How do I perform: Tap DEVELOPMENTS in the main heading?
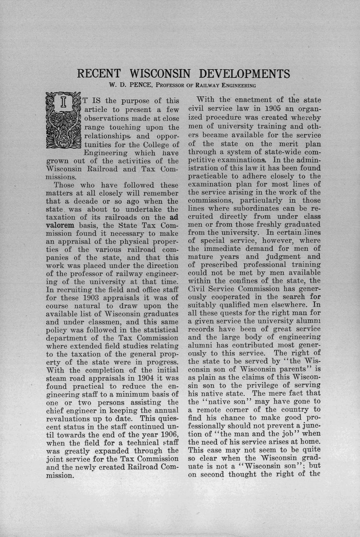click(x=244, y=74)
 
